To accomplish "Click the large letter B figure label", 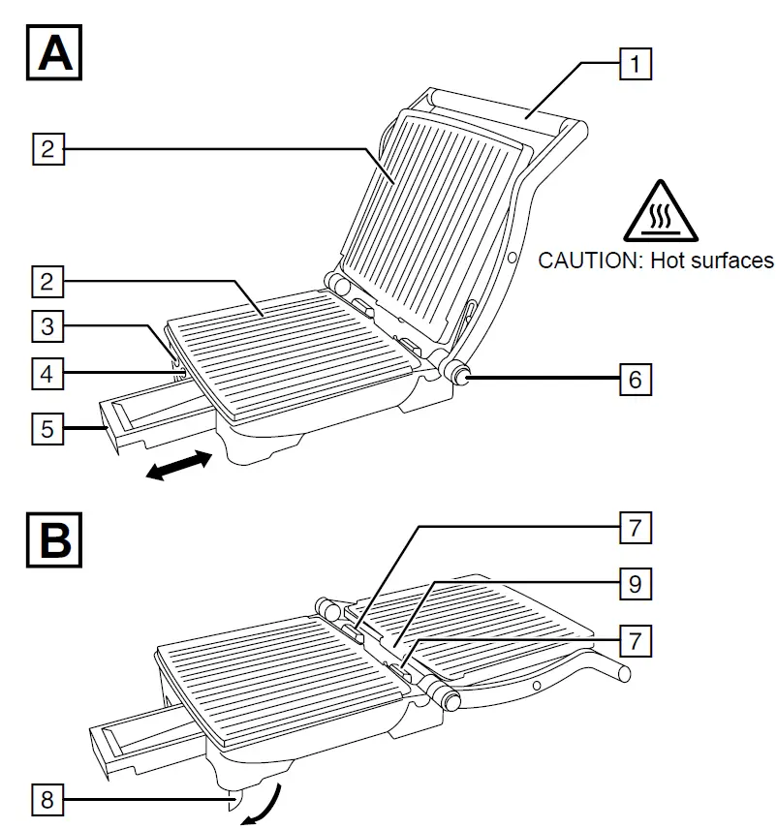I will [54, 539].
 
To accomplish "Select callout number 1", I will [635, 65].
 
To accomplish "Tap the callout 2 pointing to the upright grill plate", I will [48, 150].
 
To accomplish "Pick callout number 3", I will [48, 326].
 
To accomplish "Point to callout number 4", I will [48, 371].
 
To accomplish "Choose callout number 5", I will [48, 427].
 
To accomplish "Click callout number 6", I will [635, 378].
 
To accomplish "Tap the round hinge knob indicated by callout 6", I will [458, 372].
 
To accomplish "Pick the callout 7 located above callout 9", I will [635, 529].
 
